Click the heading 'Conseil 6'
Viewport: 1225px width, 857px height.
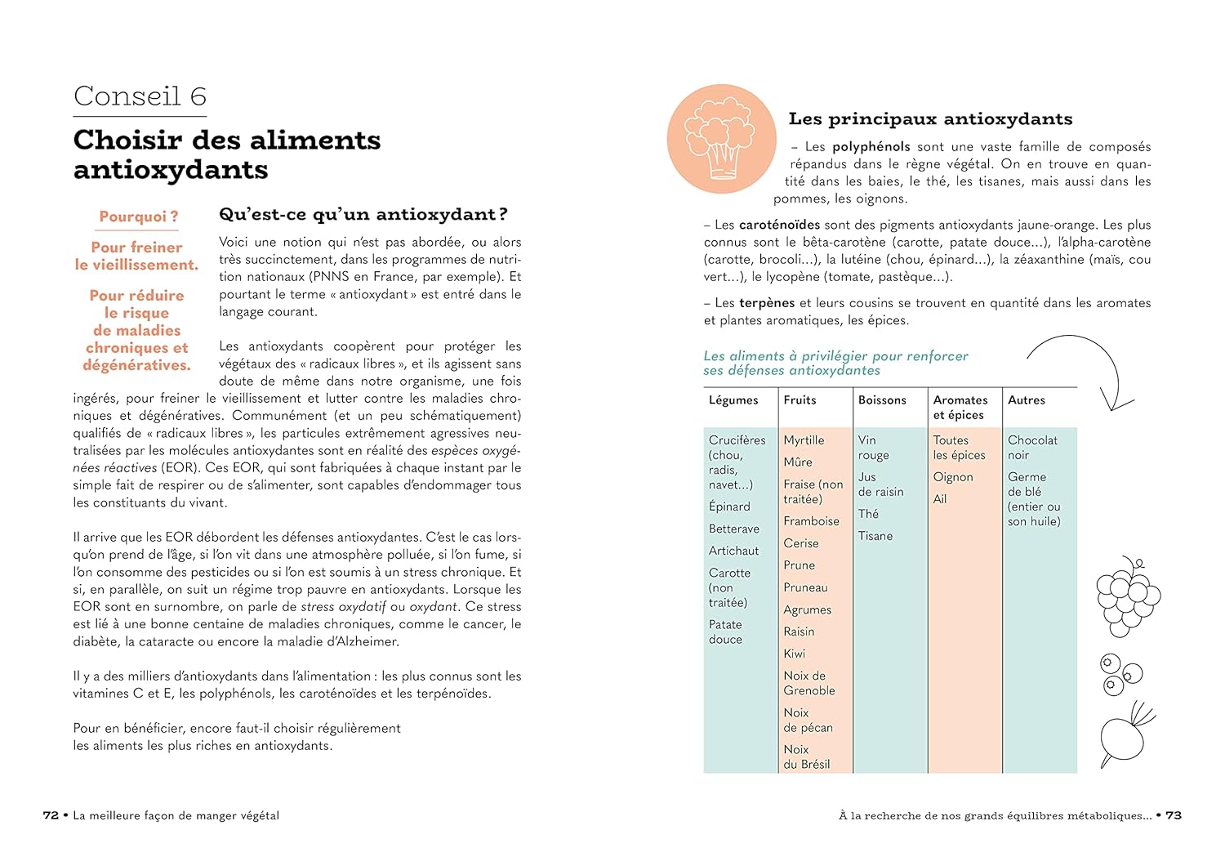click(x=140, y=96)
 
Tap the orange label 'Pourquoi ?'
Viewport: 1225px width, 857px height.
click(x=138, y=216)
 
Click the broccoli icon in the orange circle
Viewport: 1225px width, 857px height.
click(x=720, y=139)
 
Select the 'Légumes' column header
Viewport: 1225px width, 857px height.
click(x=733, y=400)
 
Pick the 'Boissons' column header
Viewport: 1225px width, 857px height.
click(x=882, y=400)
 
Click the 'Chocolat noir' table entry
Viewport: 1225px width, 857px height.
click(x=1032, y=447)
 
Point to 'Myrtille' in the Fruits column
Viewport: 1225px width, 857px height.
click(x=804, y=440)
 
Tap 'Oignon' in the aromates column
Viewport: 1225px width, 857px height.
click(x=953, y=477)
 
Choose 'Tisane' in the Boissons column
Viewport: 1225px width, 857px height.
click(x=875, y=536)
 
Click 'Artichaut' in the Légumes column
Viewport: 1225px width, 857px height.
click(x=733, y=551)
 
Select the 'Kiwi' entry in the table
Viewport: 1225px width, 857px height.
click(x=795, y=654)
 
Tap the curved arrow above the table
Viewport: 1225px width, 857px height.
click(x=1086, y=368)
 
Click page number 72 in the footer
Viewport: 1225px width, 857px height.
click(x=51, y=815)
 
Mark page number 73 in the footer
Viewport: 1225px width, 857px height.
click(x=1173, y=815)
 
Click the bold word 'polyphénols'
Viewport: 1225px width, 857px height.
click(x=871, y=147)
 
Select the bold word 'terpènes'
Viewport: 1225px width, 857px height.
click(x=767, y=303)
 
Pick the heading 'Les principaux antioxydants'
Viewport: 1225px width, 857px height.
click(x=930, y=119)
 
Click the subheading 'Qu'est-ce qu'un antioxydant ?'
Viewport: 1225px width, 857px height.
click(x=363, y=215)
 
